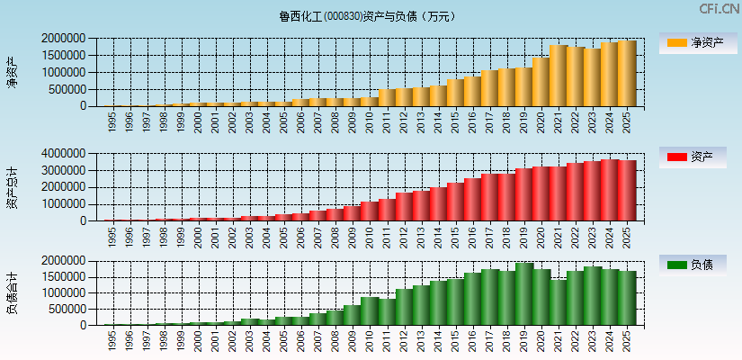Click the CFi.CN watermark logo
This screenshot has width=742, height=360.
pos(720,9)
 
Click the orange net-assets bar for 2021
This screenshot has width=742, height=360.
pos(559,76)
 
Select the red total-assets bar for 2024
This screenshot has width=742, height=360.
pos(610,190)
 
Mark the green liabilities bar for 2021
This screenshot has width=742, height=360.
pos(559,302)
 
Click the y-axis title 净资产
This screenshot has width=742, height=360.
pos(12,72)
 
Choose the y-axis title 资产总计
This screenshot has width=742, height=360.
pos(12,187)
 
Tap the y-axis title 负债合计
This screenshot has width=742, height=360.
pos(12,292)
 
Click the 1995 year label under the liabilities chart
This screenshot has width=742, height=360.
pos(112,339)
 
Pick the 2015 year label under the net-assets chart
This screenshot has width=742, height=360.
pos(455,121)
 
